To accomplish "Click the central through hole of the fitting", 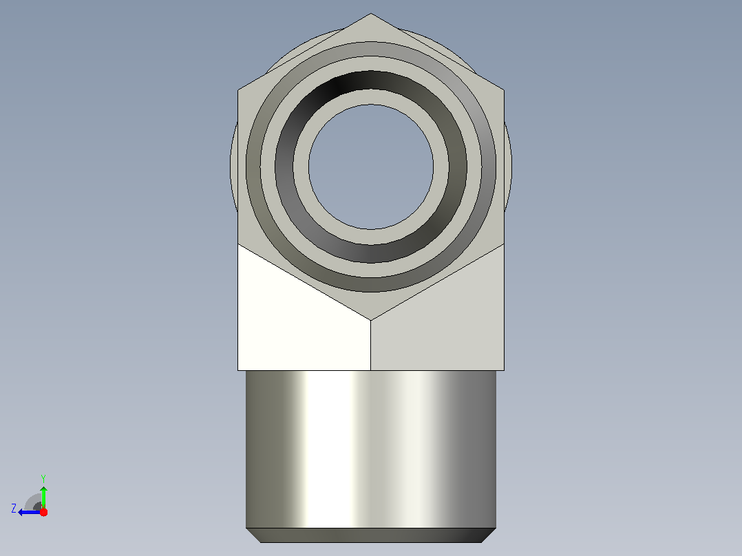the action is [x=371, y=167].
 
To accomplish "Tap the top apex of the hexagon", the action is [x=371, y=13].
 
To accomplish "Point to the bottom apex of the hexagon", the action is [x=370, y=321].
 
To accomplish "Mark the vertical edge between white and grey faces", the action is [x=370, y=345].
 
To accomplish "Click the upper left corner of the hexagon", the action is [x=238, y=90].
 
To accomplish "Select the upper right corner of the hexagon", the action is [x=504, y=90].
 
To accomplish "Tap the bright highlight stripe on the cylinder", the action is [x=326, y=449].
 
